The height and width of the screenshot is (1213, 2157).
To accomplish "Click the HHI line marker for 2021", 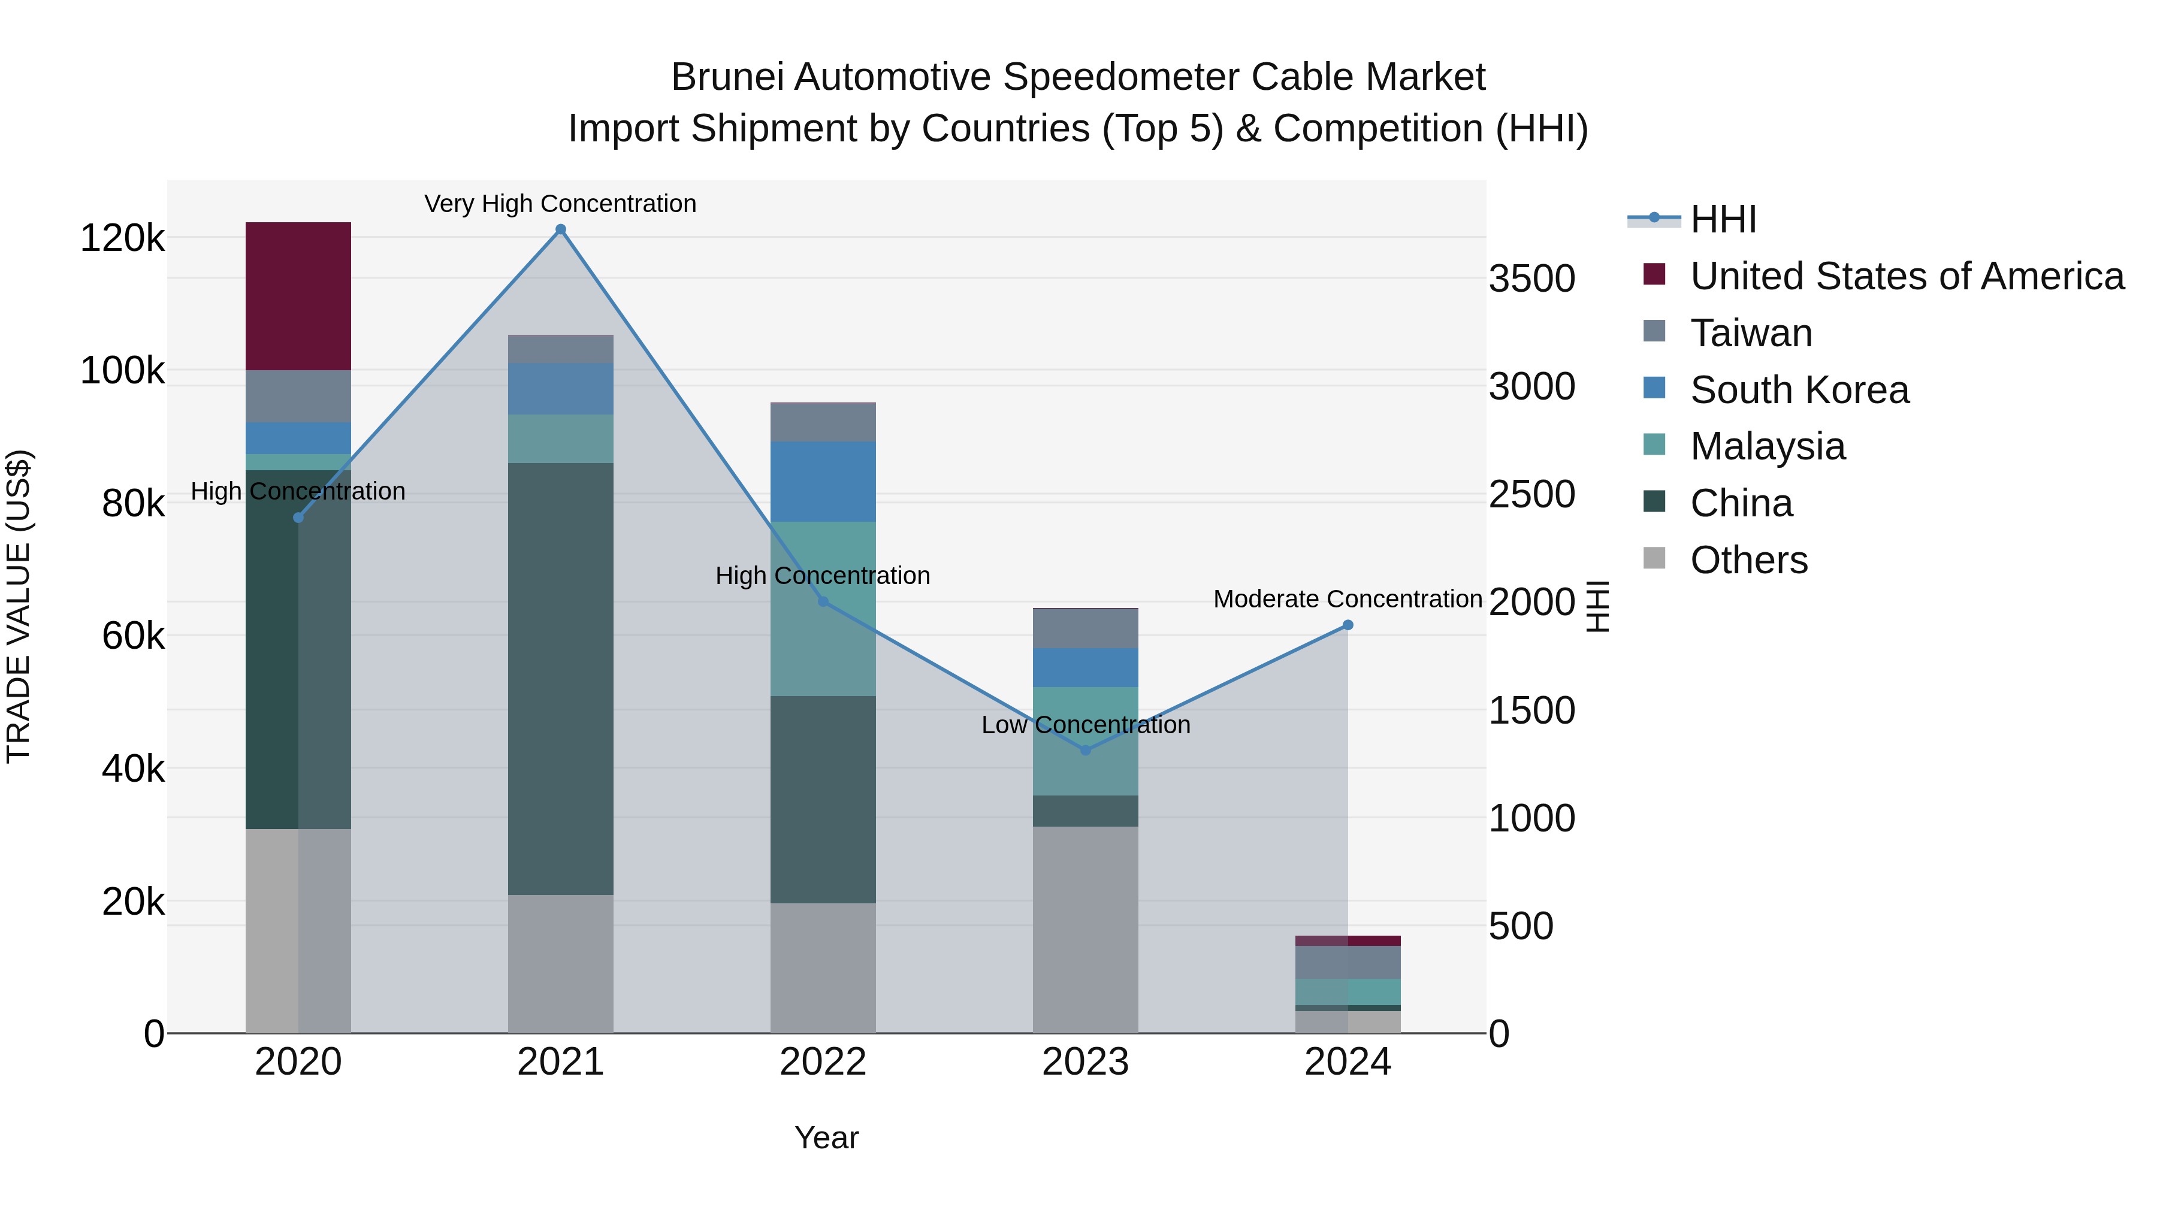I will click(x=561, y=229).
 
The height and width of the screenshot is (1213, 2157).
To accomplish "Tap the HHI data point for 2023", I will click(x=1085, y=750).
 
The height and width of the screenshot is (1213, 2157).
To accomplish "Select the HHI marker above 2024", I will click(x=1348, y=625).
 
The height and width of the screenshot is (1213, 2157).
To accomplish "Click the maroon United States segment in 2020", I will click(x=298, y=297).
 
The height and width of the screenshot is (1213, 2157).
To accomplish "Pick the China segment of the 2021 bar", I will click(x=560, y=678).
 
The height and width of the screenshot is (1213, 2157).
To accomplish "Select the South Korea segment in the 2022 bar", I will click(x=822, y=482).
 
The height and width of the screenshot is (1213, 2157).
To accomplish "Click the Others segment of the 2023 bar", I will click(x=1085, y=929).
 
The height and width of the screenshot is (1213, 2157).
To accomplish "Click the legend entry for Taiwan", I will click(x=1750, y=333).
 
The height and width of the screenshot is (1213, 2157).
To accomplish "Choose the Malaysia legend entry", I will click(x=1767, y=446).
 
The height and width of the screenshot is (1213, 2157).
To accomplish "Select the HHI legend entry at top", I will click(x=1723, y=219).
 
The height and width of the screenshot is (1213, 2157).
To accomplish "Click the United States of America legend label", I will click(x=1907, y=276).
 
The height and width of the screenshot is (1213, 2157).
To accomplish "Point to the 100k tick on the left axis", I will click(x=122, y=371).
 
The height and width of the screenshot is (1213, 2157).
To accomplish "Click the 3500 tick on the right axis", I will click(x=1531, y=279).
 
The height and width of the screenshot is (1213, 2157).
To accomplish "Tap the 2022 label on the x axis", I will click(x=822, y=1062).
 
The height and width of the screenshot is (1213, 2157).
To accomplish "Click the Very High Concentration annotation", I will click(x=560, y=204).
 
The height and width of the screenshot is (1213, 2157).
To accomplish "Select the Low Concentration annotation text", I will click(x=1085, y=725).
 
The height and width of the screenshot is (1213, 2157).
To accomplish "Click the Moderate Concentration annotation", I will click(x=1348, y=600).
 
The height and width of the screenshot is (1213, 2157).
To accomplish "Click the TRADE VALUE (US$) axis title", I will click(x=19, y=606).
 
